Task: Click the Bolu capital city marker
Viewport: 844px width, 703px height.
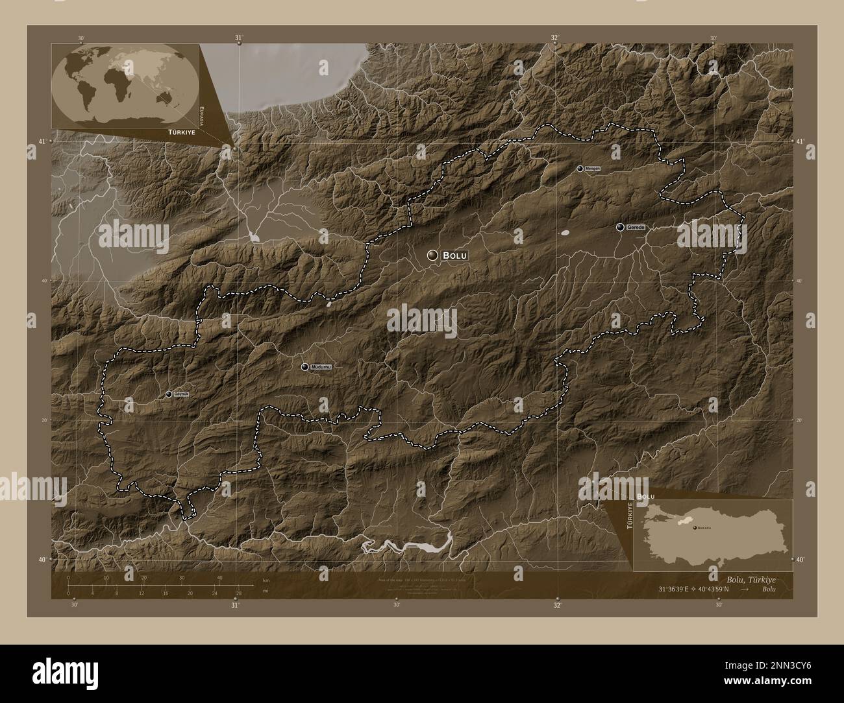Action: point(432,256)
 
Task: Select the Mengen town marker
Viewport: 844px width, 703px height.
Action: point(580,169)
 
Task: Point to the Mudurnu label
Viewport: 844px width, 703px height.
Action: point(321,367)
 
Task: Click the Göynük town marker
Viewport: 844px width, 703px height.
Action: point(169,394)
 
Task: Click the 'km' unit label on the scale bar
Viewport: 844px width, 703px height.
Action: point(266,580)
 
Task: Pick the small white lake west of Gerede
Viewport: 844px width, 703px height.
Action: point(565,232)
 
